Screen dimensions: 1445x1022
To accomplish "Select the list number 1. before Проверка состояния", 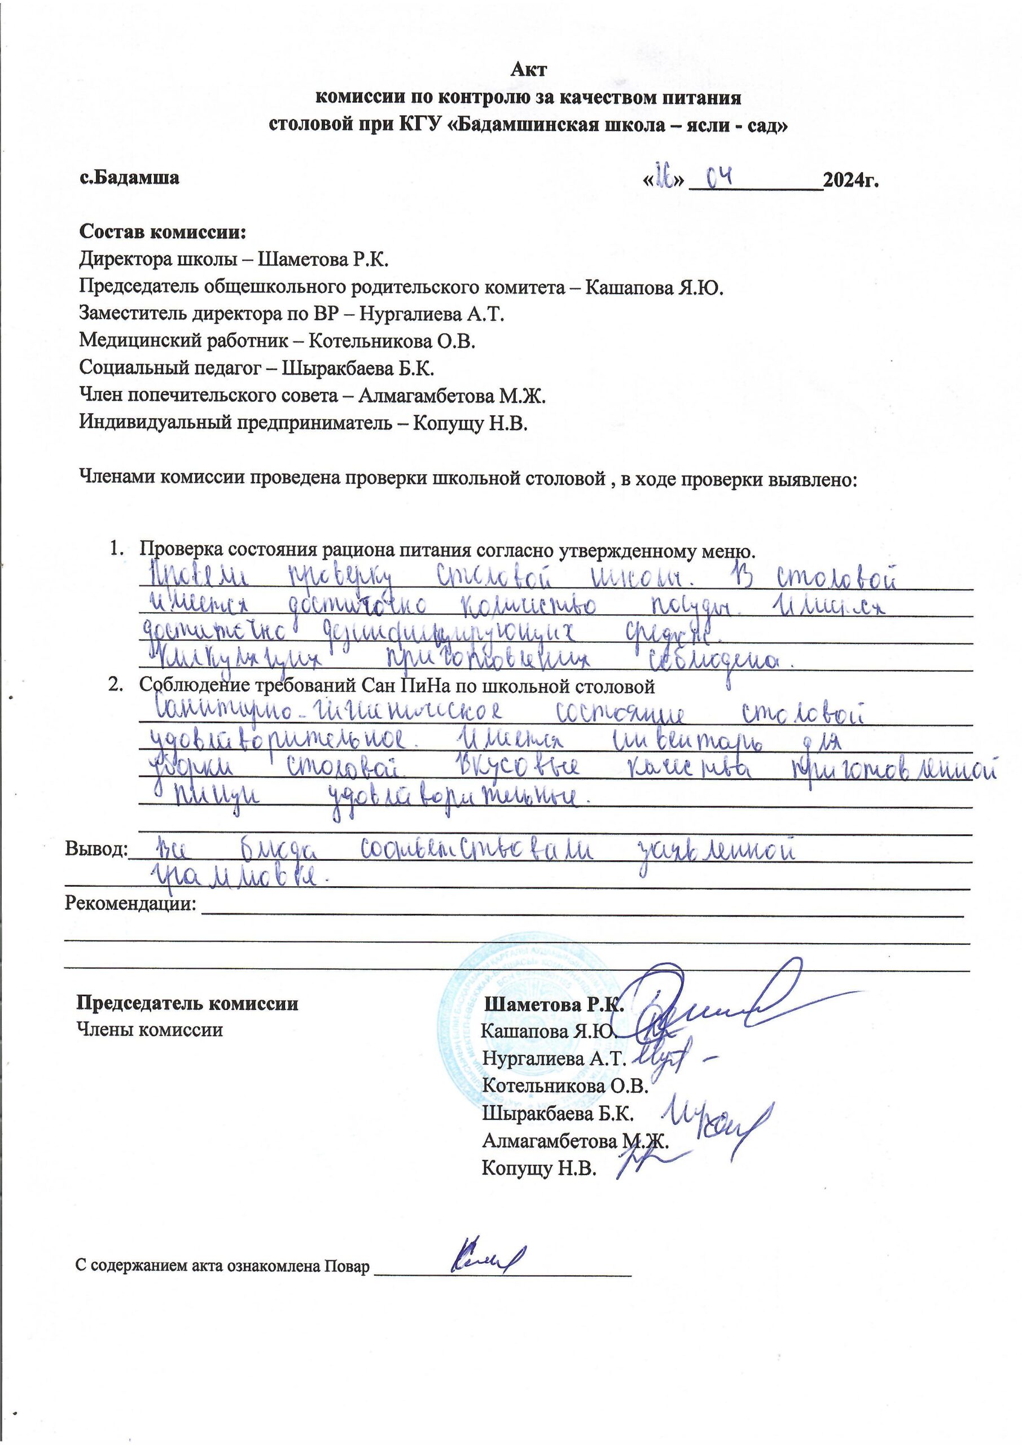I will click(117, 549).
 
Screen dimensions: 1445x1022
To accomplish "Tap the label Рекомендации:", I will click(130, 904).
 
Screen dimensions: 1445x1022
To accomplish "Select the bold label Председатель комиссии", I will click(187, 1002).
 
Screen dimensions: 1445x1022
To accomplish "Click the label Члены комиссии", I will click(149, 1030).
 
